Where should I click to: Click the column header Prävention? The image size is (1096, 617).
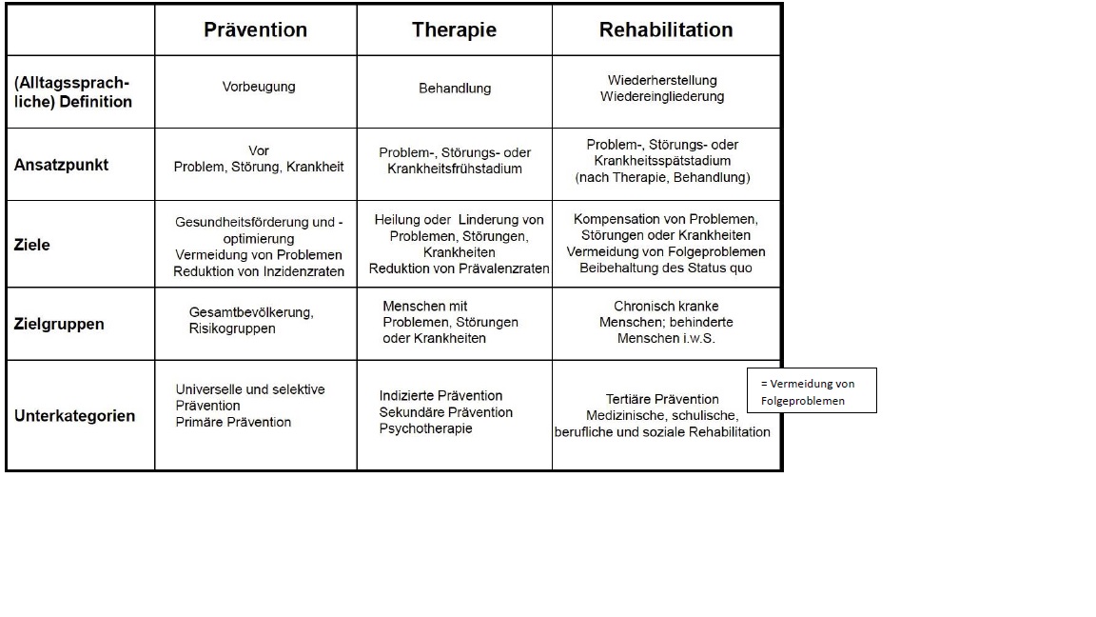tap(255, 30)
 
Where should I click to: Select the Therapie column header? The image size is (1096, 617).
tap(454, 30)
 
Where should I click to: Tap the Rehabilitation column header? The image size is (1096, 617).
tap(665, 30)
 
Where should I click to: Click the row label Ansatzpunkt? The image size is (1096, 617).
tap(62, 165)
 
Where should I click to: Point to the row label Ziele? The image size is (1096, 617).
tap(32, 245)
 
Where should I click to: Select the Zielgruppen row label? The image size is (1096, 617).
tap(59, 324)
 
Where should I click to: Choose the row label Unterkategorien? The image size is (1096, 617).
tap(75, 415)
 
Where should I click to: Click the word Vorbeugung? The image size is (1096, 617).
tap(259, 87)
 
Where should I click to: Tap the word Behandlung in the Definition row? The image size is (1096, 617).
tap(455, 89)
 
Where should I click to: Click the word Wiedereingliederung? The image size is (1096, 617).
tap(662, 96)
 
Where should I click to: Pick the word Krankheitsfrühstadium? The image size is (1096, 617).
tap(455, 169)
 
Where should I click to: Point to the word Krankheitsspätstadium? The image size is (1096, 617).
tap(662, 161)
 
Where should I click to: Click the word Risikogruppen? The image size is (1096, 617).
tap(232, 328)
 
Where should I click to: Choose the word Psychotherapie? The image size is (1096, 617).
tap(425, 428)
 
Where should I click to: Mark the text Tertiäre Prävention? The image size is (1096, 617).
tap(662, 400)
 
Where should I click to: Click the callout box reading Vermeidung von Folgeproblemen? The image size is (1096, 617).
tap(812, 390)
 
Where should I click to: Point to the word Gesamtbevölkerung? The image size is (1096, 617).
tap(251, 312)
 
